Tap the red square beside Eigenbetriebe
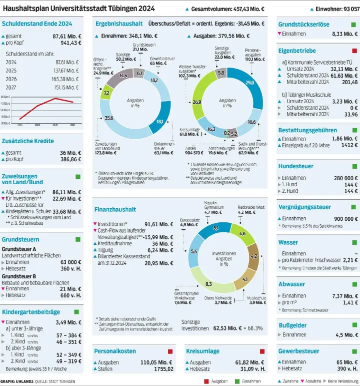tap(354, 51)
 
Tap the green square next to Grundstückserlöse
tap(354, 24)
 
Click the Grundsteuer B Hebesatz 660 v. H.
tap(70, 295)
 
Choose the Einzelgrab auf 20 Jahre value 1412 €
tap(349, 145)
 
